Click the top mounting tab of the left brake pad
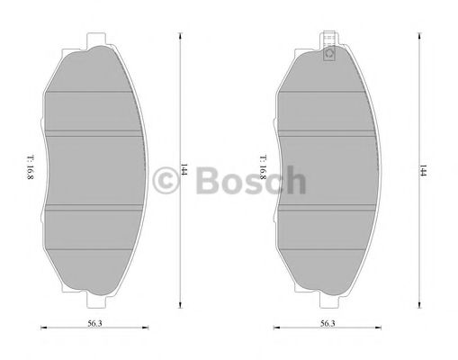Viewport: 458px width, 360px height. coord(94,41)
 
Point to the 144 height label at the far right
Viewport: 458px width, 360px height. coord(421,170)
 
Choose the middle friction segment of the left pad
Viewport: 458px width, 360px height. coord(94,171)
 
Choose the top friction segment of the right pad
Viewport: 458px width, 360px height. coord(328,94)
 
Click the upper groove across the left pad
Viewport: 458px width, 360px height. coord(94,131)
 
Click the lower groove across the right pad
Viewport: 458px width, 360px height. coord(328,210)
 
